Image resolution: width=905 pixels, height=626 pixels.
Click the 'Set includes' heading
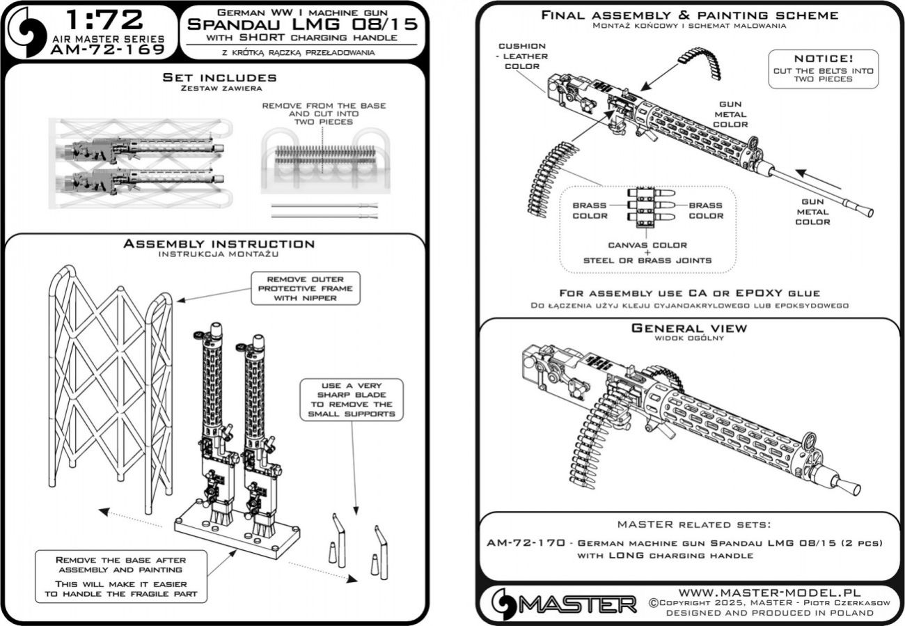point(219,77)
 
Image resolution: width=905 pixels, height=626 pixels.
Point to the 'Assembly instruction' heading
point(219,244)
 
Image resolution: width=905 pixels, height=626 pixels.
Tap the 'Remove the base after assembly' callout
point(120,574)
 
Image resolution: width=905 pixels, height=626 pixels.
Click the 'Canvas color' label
point(647,245)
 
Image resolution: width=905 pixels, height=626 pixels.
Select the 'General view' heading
point(688,328)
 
